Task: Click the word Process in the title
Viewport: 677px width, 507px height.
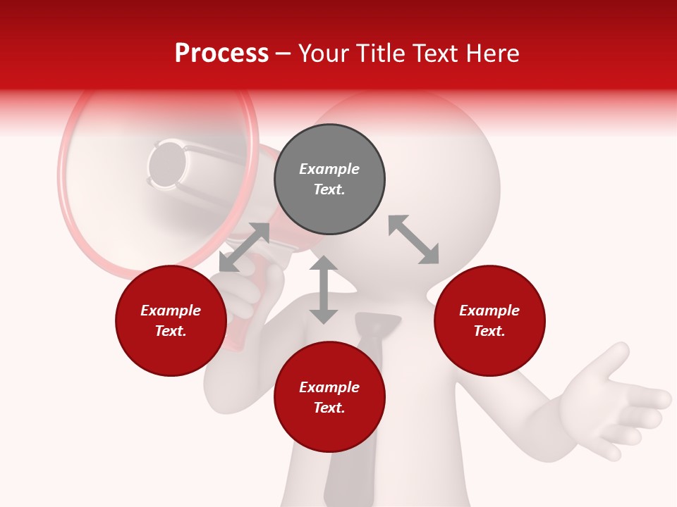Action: (221, 54)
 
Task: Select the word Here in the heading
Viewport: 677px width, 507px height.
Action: (494, 54)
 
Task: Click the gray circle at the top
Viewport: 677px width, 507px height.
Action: (329, 180)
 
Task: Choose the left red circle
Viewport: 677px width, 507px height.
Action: (171, 321)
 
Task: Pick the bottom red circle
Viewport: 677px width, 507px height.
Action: (329, 397)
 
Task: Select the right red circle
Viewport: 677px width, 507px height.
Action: (489, 321)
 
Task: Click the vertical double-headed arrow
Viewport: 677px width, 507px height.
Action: (324, 289)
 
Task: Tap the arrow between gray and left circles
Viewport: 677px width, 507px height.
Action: (244, 247)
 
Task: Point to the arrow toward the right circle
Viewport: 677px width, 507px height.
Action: (413, 239)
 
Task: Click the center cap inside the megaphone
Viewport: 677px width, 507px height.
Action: (168, 165)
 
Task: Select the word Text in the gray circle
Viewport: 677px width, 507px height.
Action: (329, 190)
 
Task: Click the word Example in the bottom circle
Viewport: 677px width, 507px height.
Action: (329, 387)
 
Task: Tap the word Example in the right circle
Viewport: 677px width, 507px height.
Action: (489, 311)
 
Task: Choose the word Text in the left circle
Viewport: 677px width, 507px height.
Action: (171, 332)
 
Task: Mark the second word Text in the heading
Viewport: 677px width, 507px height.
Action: (437, 54)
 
